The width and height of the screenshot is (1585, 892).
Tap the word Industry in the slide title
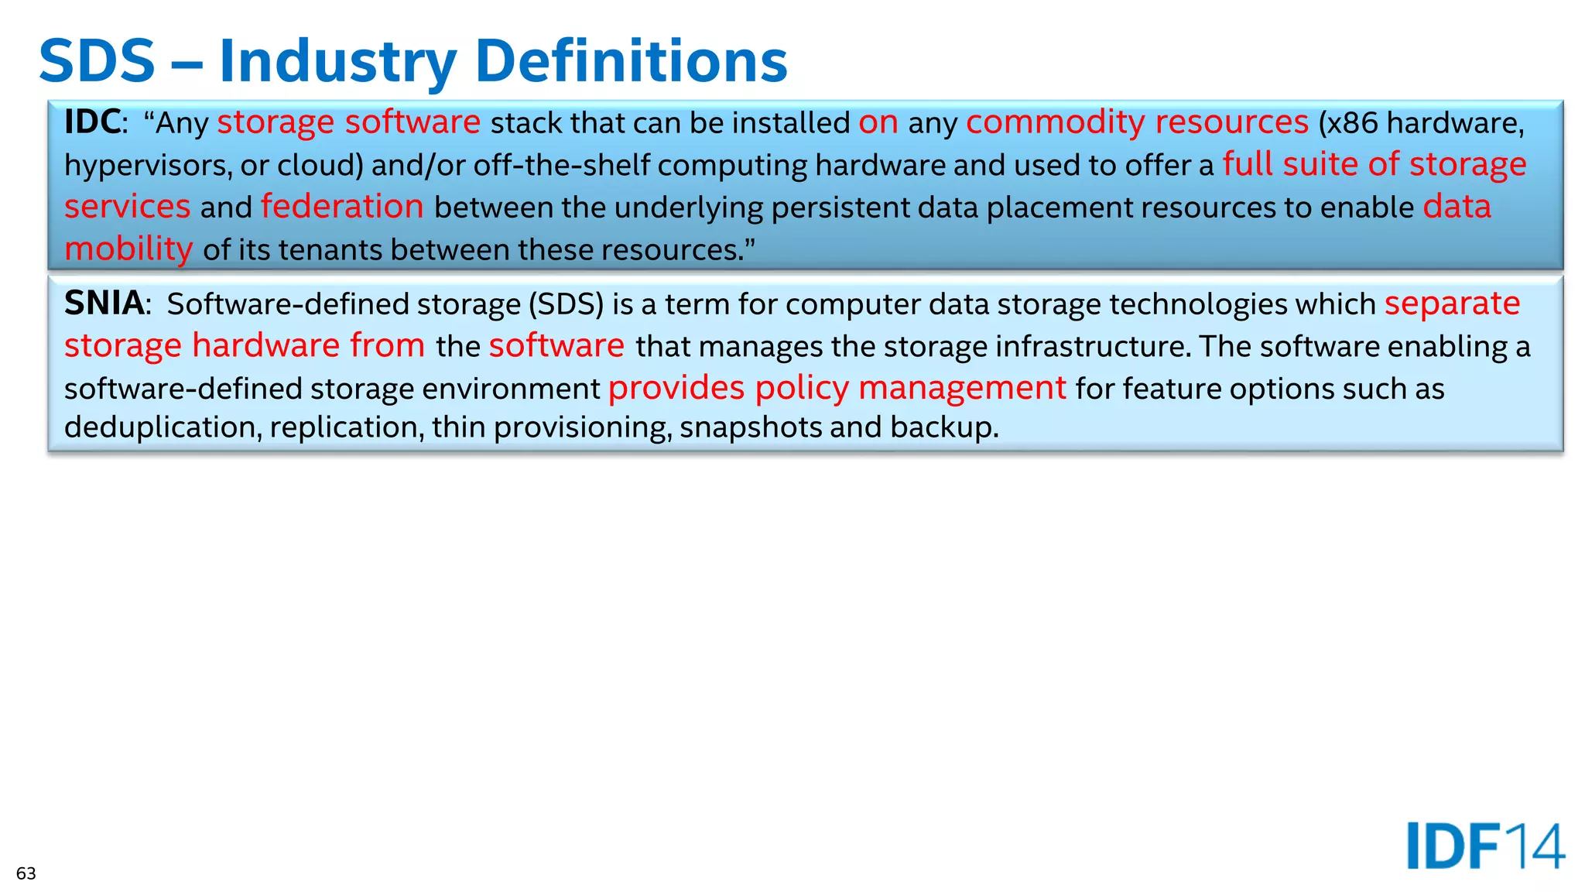[337, 61]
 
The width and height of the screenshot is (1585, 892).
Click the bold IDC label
[92, 122]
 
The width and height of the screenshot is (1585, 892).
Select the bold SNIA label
[104, 304]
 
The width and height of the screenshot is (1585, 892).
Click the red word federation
[342, 207]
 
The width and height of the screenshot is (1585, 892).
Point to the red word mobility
[128, 249]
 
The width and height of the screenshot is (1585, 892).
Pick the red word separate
[1452, 304]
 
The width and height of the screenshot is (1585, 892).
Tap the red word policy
[802, 388]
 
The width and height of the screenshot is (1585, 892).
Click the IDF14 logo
[1485, 846]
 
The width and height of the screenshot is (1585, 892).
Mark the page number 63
[26, 873]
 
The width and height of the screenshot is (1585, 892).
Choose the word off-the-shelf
[561, 166]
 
